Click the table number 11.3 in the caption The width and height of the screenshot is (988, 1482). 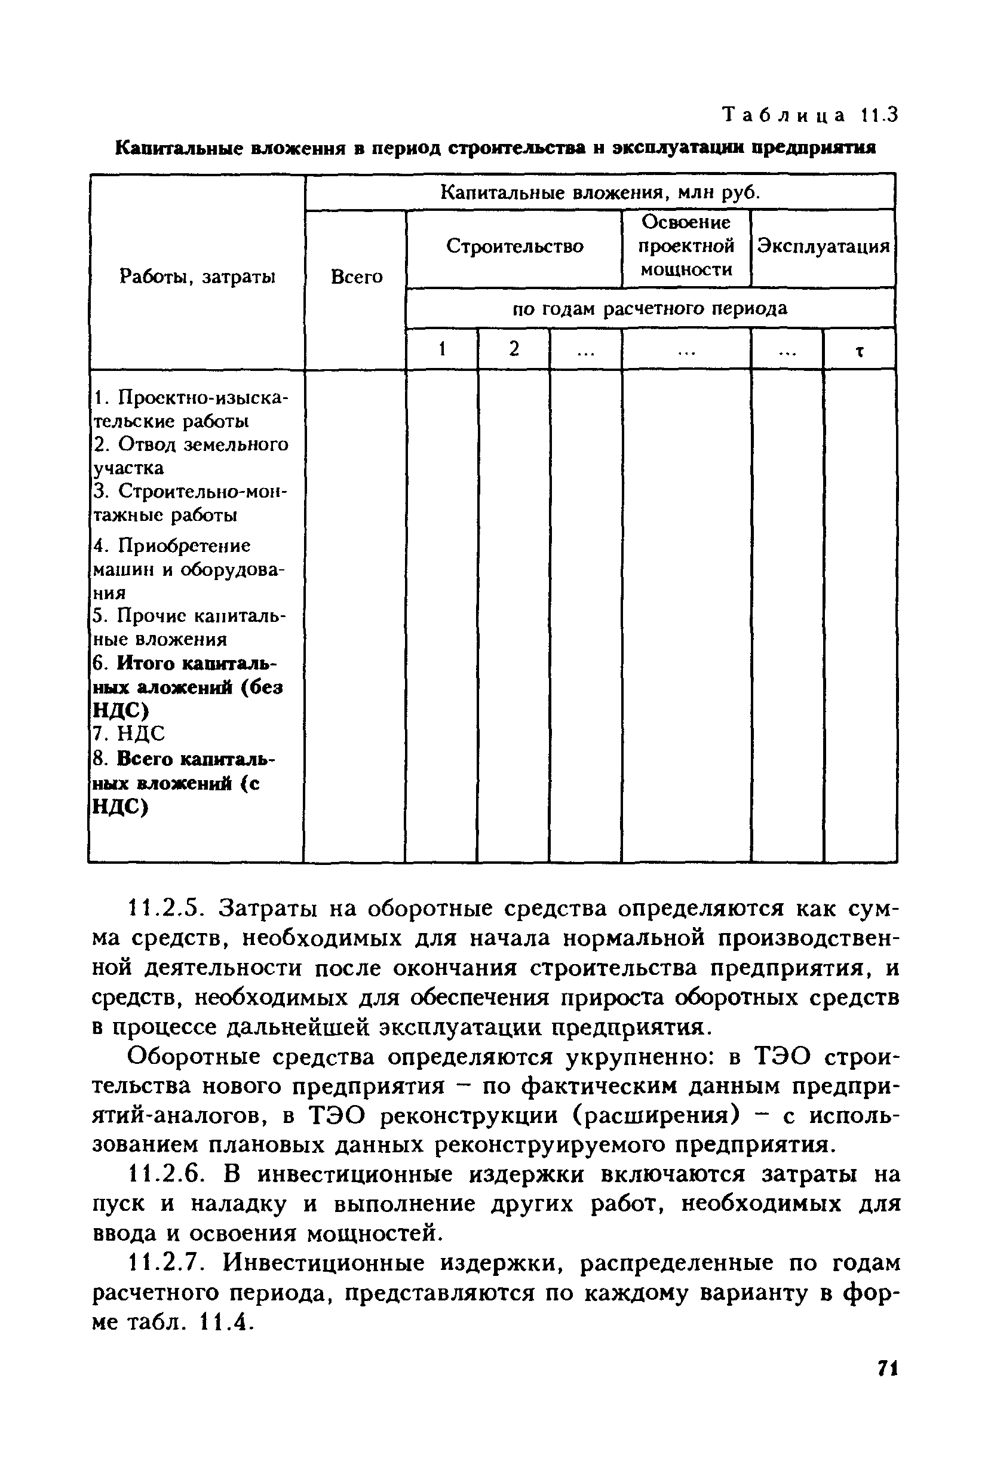(877, 115)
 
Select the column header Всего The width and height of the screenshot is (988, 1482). (356, 277)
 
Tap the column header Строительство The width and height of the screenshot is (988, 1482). (514, 246)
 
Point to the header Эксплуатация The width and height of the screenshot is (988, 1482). (823, 246)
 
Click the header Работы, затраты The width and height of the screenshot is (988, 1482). (197, 277)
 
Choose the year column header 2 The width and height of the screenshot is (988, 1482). (514, 348)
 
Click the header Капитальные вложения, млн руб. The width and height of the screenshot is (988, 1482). (599, 192)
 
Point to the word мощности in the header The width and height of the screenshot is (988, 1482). (686, 269)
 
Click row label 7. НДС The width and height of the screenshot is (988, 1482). (128, 734)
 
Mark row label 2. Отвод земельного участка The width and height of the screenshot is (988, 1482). (191, 456)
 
